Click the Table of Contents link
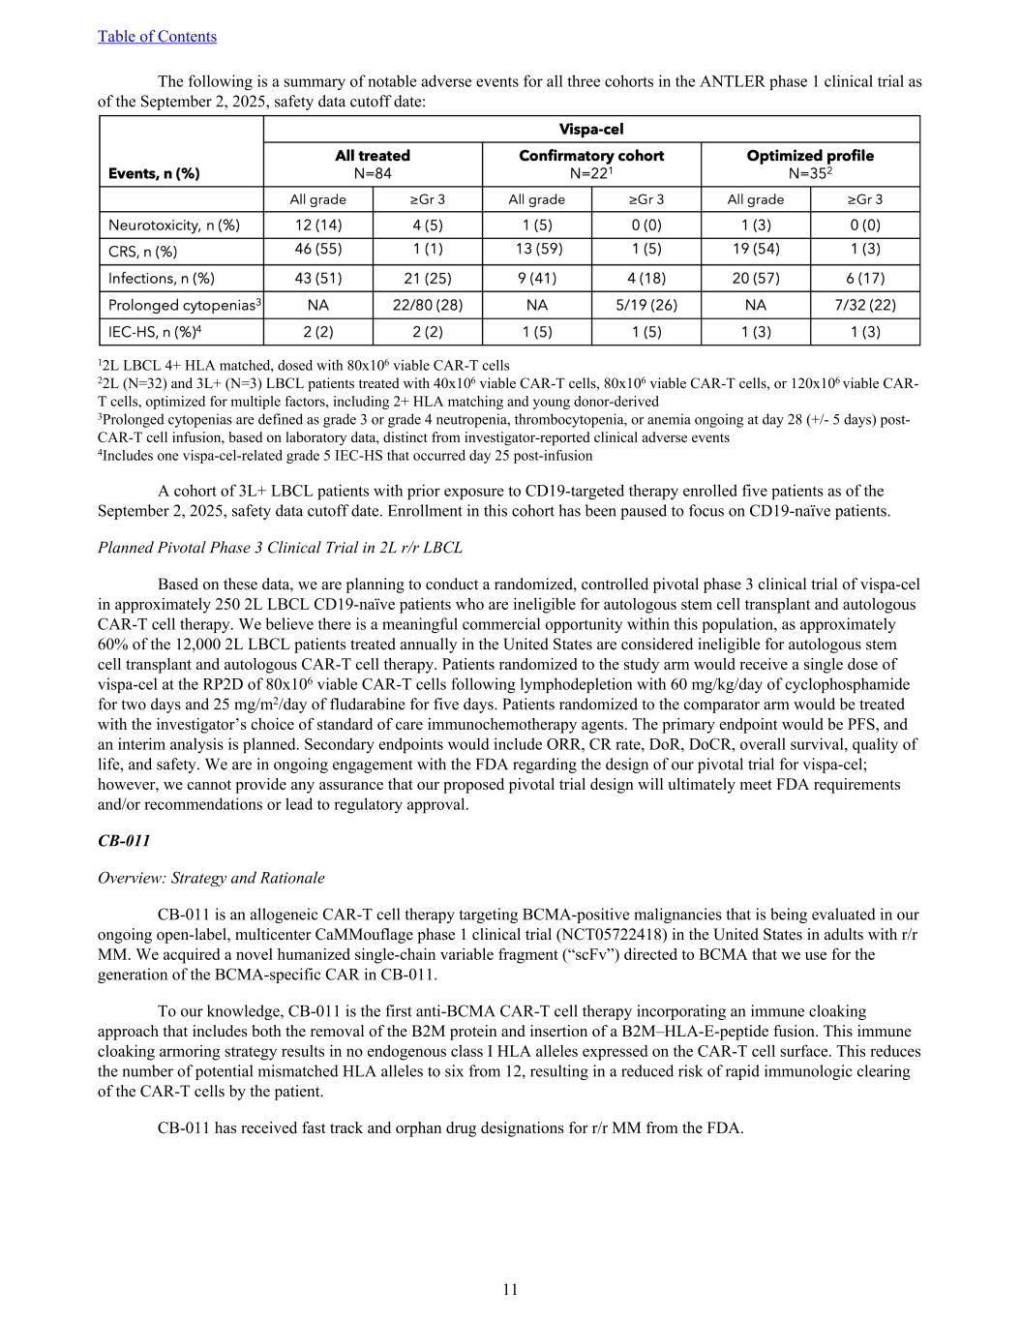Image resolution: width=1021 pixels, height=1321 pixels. point(157,37)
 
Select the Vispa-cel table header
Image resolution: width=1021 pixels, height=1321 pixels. point(590,130)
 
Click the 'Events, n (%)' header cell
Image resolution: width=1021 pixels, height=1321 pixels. point(154,173)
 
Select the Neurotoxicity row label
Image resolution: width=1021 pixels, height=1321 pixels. point(174,225)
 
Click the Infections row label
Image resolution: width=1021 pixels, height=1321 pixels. point(162,279)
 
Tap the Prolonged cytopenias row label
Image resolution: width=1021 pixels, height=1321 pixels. point(185,305)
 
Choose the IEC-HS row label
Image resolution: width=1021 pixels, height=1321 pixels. point(155,331)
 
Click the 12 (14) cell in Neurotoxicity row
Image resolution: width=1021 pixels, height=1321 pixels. point(317,225)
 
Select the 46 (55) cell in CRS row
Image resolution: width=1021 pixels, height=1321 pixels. point(317,249)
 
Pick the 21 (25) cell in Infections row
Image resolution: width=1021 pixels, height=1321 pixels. point(427,279)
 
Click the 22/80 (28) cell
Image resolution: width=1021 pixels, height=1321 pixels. point(427,305)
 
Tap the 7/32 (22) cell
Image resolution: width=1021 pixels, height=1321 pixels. point(864,305)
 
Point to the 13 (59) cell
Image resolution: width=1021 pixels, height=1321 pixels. point(536,249)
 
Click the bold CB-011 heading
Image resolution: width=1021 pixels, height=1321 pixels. point(124,841)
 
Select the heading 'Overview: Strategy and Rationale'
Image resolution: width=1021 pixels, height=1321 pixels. point(211,878)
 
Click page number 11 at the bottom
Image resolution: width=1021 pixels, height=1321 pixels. point(510,1289)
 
